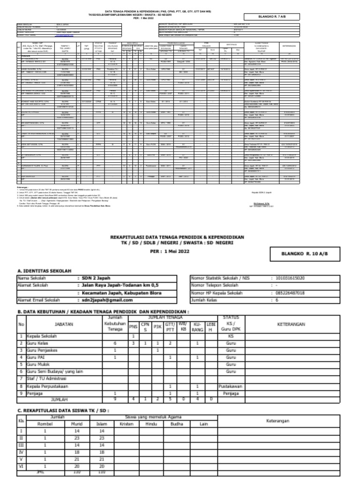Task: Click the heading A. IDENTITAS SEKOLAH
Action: [x=44, y=271]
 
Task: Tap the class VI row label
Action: [x=21, y=467]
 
